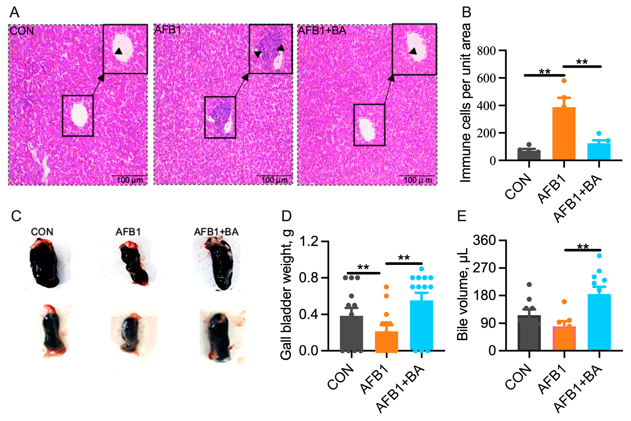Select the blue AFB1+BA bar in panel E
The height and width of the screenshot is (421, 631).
(x=599, y=322)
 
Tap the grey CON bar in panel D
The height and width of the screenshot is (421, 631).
(x=351, y=333)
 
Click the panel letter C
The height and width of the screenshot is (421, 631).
(x=16, y=216)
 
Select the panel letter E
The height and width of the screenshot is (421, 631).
(x=462, y=216)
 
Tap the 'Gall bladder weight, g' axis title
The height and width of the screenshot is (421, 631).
(x=286, y=295)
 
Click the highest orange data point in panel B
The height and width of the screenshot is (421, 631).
(x=564, y=81)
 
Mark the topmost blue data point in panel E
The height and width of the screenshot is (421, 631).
(x=599, y=256)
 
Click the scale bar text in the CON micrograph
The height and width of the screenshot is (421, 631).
(x=130, y=180)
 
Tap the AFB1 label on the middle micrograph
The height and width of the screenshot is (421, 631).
(x=168, y=30)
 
